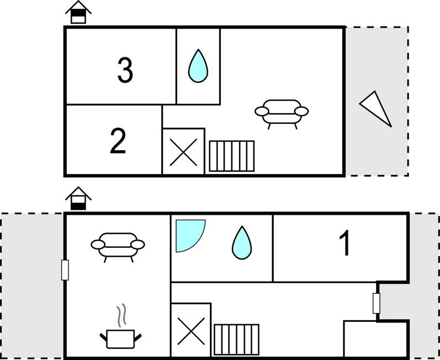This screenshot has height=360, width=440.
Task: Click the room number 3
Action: tap(125, 70)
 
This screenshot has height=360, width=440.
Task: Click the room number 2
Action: tap(118, 141)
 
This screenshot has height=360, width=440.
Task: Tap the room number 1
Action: tap(345, 243)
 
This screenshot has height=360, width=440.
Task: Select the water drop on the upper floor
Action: tap(198, 66)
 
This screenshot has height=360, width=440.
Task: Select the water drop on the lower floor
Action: tap(242, 243)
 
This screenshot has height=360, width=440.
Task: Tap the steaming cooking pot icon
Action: tap(121, 338)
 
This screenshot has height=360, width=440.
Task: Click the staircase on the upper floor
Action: tap(232, 156)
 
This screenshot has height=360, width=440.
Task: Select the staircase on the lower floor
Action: tap(236, 340)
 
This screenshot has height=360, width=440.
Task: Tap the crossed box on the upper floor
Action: tap(183, 152)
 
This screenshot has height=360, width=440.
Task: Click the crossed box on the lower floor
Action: tap(191, 331)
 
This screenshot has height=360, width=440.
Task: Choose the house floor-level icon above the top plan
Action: tap(78, 12)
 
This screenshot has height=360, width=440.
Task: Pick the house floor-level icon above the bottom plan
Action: tap(78, 198)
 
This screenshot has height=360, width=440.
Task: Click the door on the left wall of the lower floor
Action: tap(65, 270)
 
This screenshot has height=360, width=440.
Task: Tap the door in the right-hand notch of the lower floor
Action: tap(377, 303)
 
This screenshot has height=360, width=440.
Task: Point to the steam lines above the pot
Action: tap(121, 315)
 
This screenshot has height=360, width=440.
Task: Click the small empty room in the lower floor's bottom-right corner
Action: tap(375, 339)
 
